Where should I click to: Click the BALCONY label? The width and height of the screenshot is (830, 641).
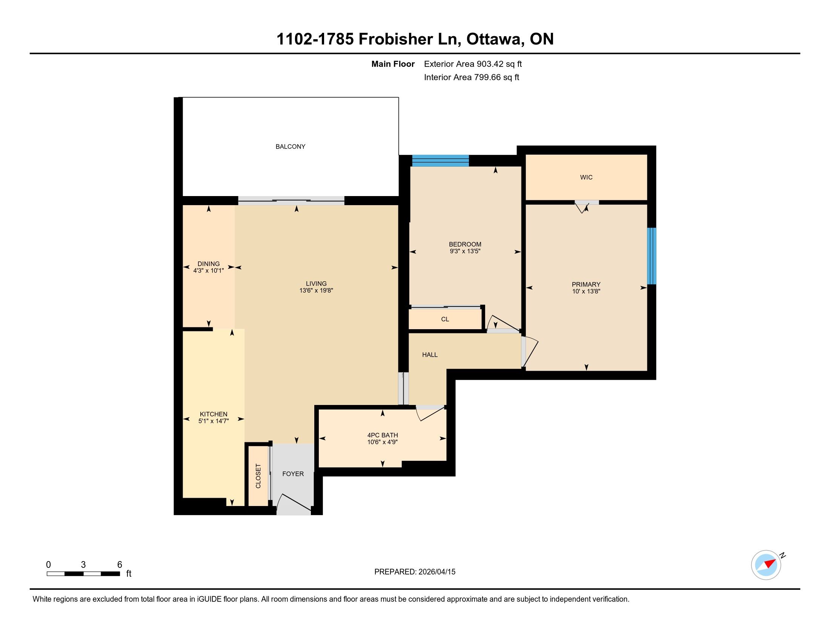[x=290, y=147]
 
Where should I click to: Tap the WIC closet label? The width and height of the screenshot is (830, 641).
[x=586, y=177]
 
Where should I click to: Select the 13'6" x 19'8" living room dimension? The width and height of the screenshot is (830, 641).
[x=316, y=290]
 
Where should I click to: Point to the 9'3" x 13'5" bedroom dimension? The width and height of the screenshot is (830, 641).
[x=465, y=251]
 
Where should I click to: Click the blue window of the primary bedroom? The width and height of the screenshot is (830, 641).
[x=652, y=256]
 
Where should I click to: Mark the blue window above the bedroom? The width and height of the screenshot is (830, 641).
[x=440, y=161]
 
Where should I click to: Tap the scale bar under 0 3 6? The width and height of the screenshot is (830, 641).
[x=83, y=574]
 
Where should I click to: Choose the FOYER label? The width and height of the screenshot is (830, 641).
[x=293, y=474]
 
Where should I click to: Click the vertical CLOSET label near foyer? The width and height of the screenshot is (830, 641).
[x=258, y=476]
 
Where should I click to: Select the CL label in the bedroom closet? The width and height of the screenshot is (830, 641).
[x=445, y=319]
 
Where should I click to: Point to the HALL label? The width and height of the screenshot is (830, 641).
[x=430, y=355]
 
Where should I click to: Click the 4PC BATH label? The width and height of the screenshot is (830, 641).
[x=382, y=435]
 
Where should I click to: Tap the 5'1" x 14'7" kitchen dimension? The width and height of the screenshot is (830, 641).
[x=214, y=421]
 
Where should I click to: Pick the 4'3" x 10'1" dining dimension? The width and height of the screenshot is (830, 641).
[x=209, y=271]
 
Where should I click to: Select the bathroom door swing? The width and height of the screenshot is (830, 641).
[x=430, y=414]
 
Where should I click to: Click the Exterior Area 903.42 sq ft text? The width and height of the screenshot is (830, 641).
[x=473, y=64]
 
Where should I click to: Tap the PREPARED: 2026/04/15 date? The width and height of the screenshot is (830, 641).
[x=415, y=572]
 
